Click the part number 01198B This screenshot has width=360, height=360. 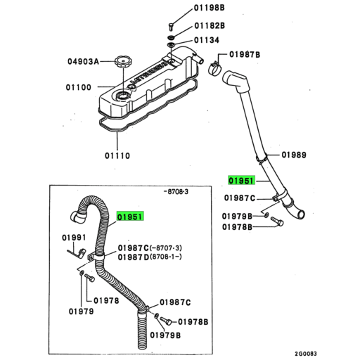(210, 8)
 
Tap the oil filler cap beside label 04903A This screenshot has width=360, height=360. (123, 62)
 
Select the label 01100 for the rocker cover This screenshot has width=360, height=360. (78, 87)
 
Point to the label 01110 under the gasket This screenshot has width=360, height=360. (117, 155)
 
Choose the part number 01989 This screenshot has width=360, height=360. (294, 155)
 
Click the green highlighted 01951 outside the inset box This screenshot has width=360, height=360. (241, 181)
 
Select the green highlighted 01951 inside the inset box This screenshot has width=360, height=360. (130, 217)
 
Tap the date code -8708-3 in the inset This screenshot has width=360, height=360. (176, 192)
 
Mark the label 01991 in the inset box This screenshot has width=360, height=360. (74, 238)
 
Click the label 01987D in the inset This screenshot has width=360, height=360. (134, 257)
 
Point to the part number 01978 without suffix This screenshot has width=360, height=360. (106, 300)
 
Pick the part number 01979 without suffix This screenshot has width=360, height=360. (81, 311)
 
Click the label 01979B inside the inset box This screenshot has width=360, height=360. (165, 335)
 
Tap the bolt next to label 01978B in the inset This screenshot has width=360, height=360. (166, 321)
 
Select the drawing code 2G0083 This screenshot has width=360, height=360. (306, 354)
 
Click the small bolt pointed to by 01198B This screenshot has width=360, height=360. (171, 27)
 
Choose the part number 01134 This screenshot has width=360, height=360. (207, 40)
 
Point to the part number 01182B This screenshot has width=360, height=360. (210, 25)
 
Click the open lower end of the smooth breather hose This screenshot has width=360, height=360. (302, 214)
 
